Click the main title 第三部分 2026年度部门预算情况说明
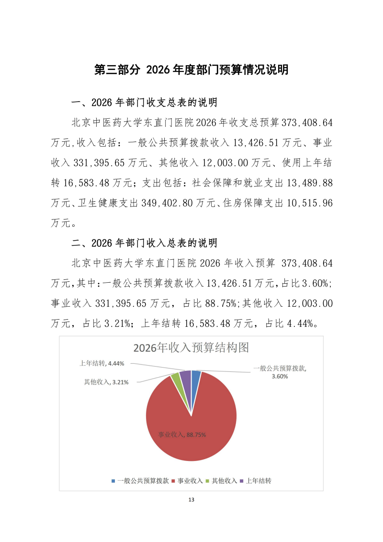coord(191,70)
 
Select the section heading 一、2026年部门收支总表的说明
coord(144,103)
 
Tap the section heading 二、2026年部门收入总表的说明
coord(144,243)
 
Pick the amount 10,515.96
coord(309,203)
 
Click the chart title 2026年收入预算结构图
coord(191,347)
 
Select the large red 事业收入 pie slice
coord(191,422)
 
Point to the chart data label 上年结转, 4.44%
coord(101,363)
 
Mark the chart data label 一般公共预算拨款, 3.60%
coord(280,372)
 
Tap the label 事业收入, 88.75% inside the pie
coord(182,435)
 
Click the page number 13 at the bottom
coord(191,500)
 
